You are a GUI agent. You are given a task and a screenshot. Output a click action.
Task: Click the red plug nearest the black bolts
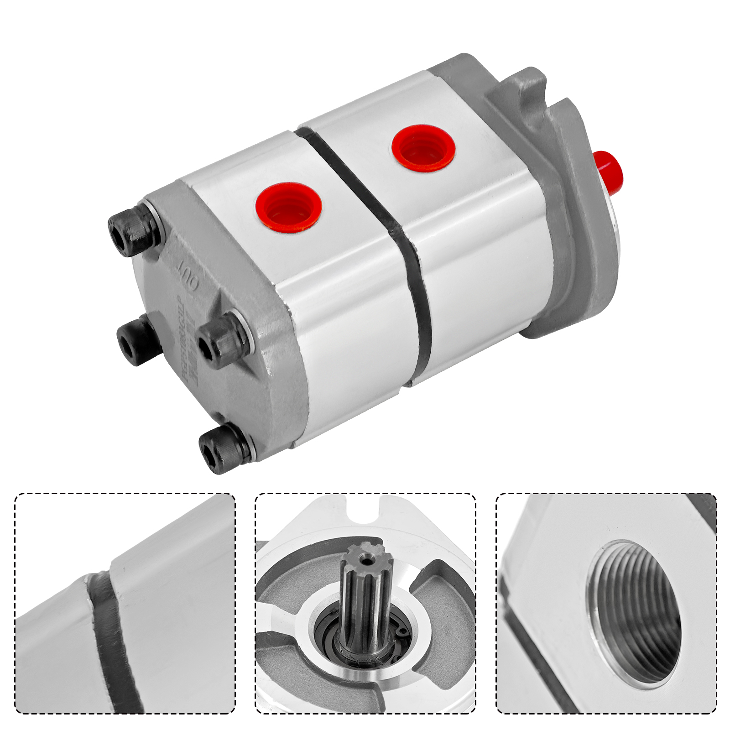[x=288, y=208]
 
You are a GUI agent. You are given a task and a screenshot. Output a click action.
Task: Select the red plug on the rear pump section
[x=422, y=147]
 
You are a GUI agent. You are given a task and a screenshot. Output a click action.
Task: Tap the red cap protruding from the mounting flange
[x=610, y=170]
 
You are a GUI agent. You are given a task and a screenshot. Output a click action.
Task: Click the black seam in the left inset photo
[x=112, y=639]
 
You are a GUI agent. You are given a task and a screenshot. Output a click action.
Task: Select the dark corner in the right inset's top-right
[x=705, y=509]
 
